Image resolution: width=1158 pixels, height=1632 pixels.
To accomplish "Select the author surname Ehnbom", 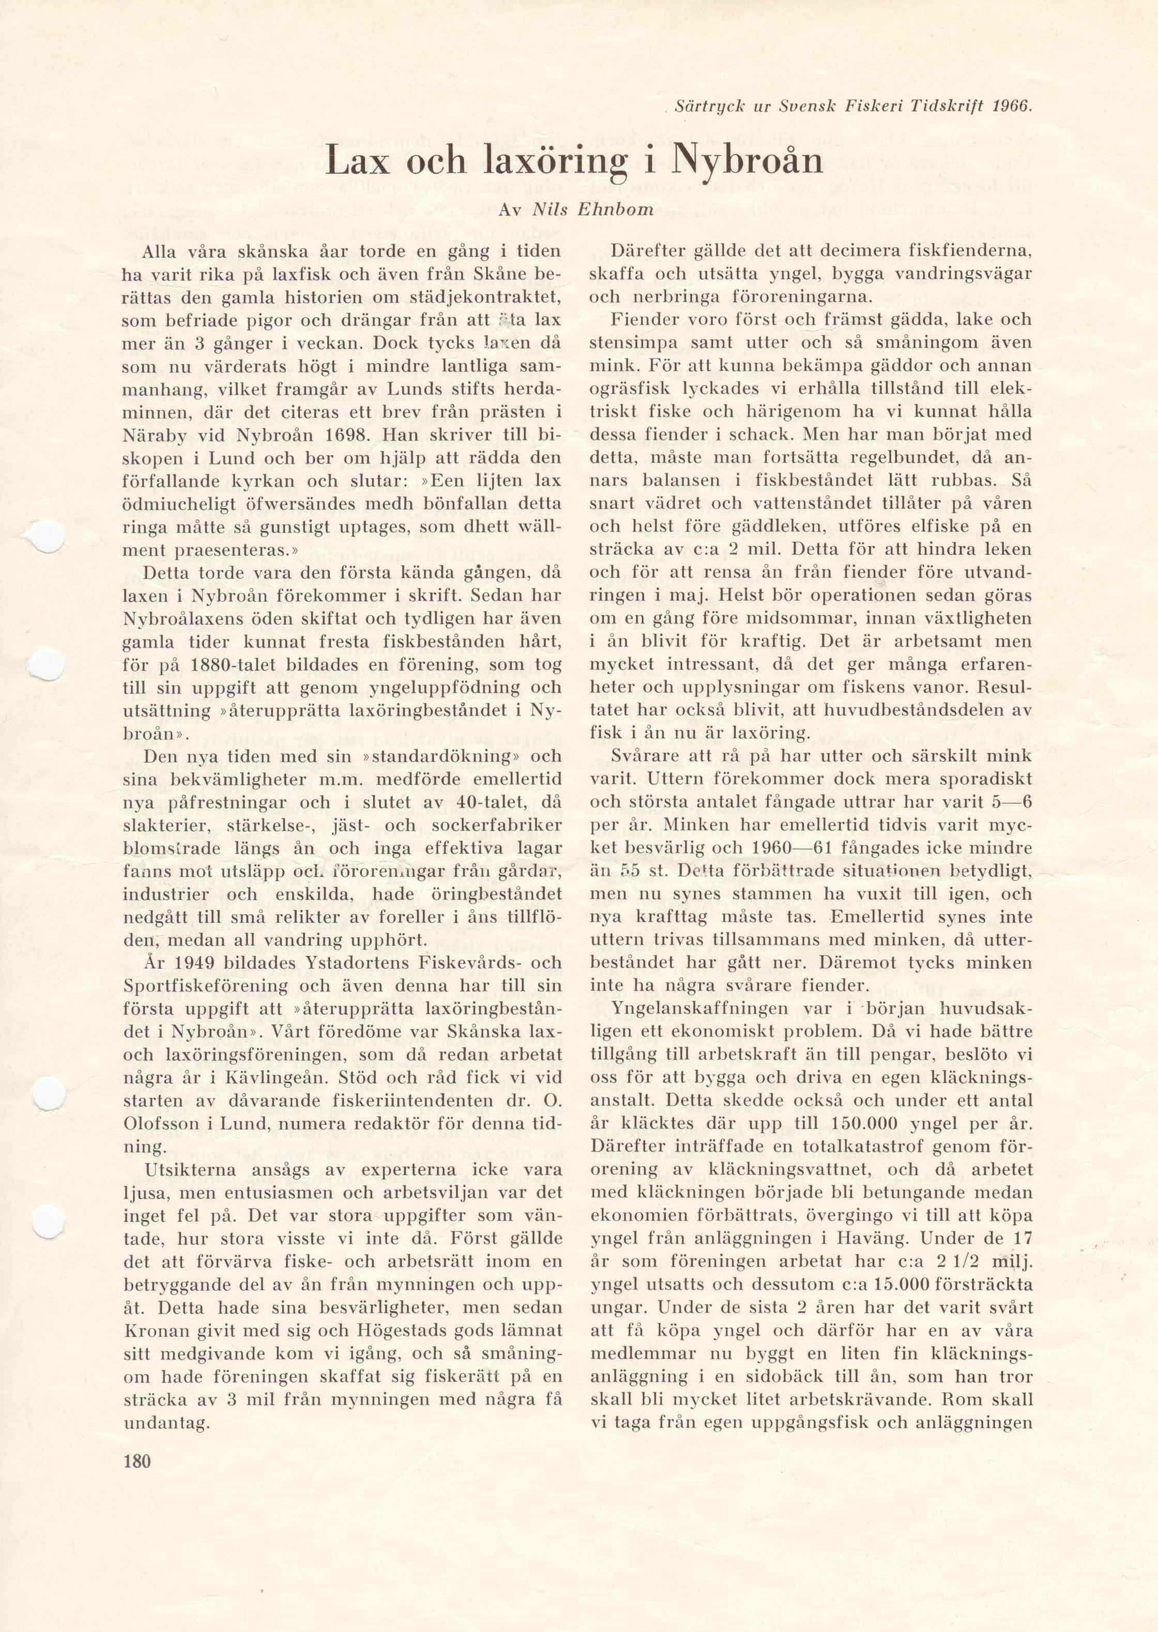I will pyautogui.click(x=620, y=210).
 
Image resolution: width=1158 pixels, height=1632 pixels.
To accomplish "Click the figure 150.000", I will pyautogui.click(x=871, y=1124).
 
